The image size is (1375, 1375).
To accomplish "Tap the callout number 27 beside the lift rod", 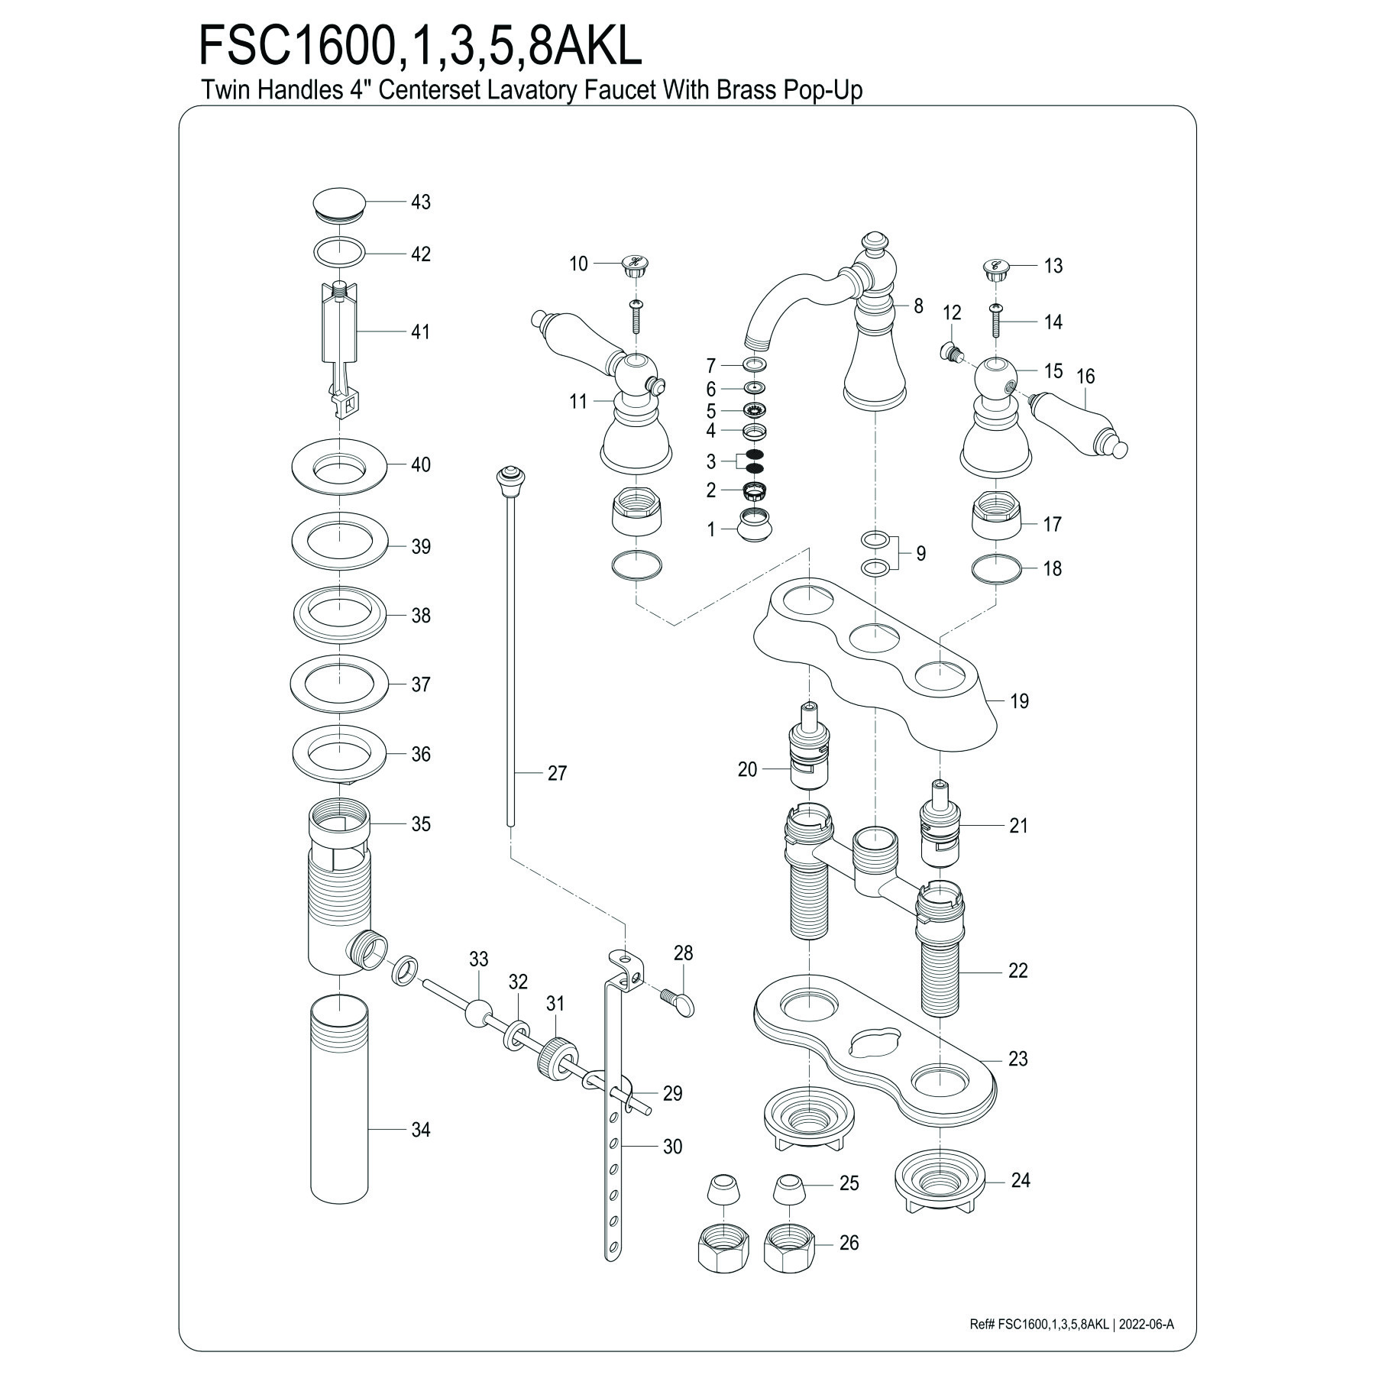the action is (558, 773).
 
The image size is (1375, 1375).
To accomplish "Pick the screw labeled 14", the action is (995, 321).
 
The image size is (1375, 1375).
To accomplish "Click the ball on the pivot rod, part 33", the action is (477, 1012).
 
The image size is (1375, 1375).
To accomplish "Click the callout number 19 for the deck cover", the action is (1020, 700).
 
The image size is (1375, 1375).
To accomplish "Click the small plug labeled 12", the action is (950, 352).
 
